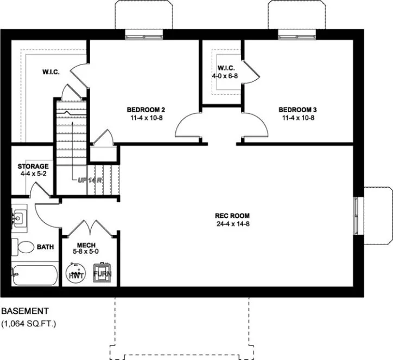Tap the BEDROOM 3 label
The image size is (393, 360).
click(297, 108)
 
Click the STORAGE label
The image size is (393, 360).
click(33, 166)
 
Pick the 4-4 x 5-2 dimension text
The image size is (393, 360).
click(33, 174)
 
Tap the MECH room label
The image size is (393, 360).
click(86, 245)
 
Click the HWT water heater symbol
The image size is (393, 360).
click(75, 273)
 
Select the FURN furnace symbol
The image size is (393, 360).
click(102, 273)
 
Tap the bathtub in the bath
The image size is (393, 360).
click(34, 275)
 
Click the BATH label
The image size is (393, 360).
click(46, 247)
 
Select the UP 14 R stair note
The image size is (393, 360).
click(90, 179)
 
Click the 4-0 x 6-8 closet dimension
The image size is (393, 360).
click(226, 76)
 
